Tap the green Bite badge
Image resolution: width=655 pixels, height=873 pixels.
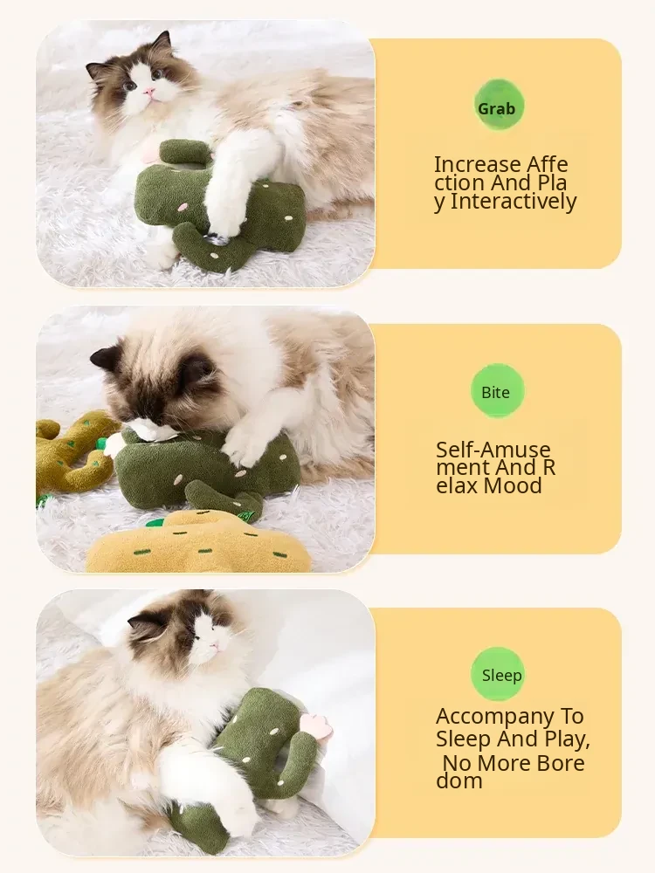coord(496,391)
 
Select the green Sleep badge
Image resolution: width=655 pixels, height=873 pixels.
coord(498,674)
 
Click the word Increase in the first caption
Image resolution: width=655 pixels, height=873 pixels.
coord(477,164)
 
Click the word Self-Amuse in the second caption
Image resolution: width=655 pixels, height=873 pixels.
coord(493,450)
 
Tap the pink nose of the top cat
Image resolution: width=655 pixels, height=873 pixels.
coord(148,92)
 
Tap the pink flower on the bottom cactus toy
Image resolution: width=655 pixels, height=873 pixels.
coord(314,723)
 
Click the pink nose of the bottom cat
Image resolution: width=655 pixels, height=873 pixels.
coord(215,646)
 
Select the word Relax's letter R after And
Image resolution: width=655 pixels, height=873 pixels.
coord(548,468)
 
